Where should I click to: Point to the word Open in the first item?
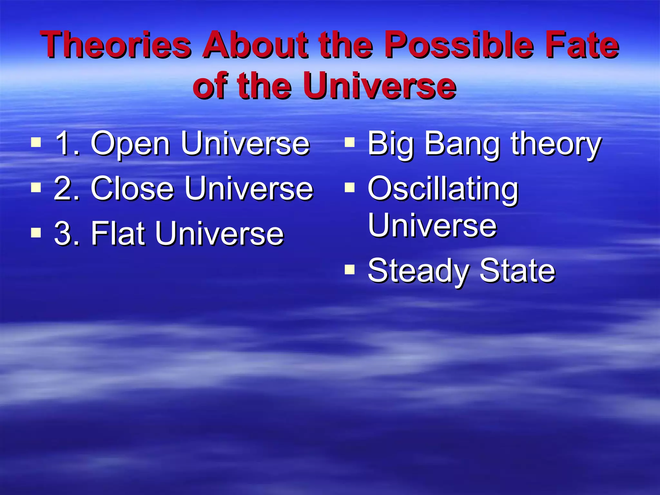(130, 144)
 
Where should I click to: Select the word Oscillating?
(443, 190)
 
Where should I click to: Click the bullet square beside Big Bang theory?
(349, 142)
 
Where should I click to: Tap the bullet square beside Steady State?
(349, 269)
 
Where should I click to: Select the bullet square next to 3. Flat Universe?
(36, 232)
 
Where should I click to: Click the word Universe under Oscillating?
(432, 225)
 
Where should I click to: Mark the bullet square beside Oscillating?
(349, 187)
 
